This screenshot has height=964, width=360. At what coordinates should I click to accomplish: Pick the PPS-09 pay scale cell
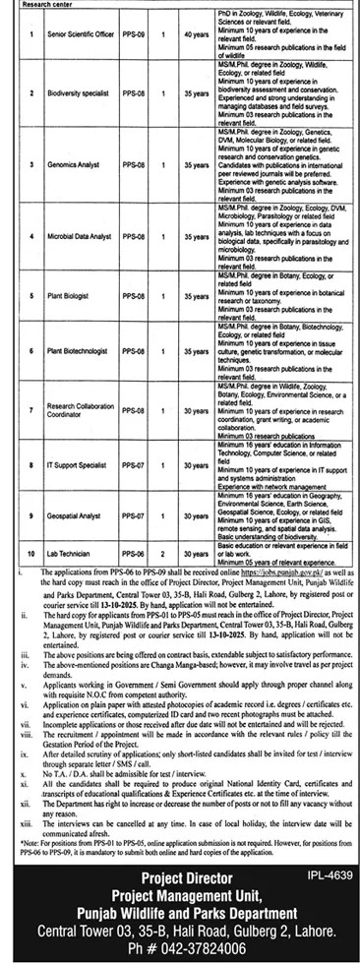pyautogui.click(x=134, y=35)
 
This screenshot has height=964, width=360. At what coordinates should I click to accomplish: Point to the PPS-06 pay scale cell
pyautogui.click(x=134, y=556)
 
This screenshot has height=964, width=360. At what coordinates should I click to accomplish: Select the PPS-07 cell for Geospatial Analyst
pyautogui.click(x=134, y=514)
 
